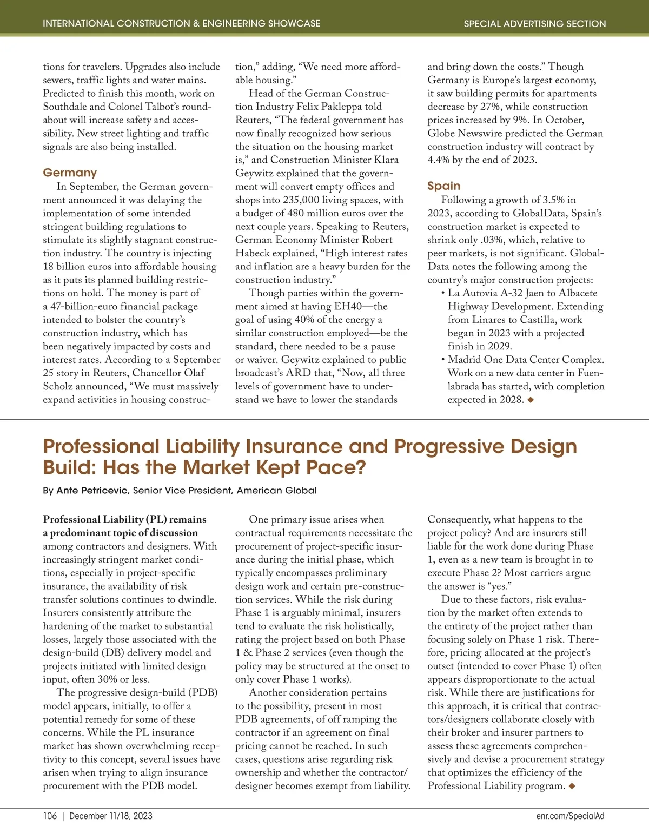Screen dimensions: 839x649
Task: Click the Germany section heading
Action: pyautogui.click(x=70, y=173)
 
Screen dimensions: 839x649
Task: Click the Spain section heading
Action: pyautogui.click(x=443, y=186)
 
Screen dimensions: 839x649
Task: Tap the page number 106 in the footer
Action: pyautogui.click(x=50, y=816)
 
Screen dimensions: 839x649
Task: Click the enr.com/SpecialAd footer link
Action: pyautogui.click(x=570, y=816)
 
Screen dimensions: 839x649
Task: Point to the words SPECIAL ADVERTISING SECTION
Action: pyautogui.click(x=535, y=24)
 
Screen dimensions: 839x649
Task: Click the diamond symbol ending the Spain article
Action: pyautogui.click(x=531, y=400)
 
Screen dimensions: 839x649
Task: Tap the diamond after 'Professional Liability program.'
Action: pyautogui.click(x=572, y=786)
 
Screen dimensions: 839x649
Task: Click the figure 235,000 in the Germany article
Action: pyautogui.click(x=301, y=200)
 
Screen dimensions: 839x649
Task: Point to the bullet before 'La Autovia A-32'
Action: pyautogui.click(x=443, y=293)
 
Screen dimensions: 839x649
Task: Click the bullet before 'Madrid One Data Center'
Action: pyautogui.click(x=443, y=360)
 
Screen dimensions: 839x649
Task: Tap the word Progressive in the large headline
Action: pyautogui.click(x=450, y=447)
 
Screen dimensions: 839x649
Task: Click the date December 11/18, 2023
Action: pyautogui.click(x=111, y=816)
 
